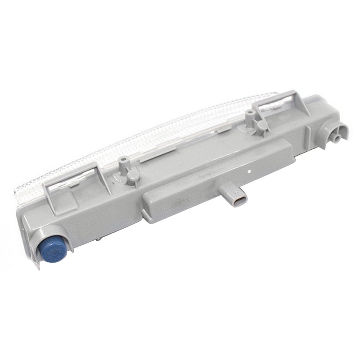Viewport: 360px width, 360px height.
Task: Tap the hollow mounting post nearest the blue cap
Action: (x=122, y=163)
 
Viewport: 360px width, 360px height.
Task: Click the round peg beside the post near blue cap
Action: (x=133, y=176)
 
